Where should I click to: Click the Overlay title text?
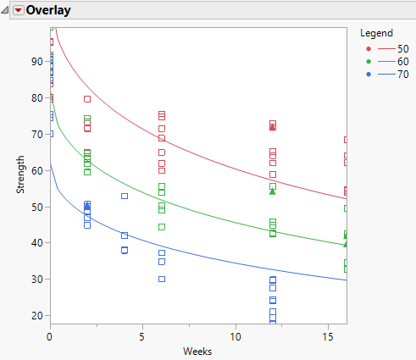click(48, 11)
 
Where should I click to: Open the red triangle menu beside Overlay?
click(18, 11)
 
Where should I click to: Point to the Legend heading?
click(376, 33)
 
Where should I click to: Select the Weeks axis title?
click(198, 351)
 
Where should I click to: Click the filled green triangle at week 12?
click(273, 191)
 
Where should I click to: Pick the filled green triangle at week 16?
click(346, 243)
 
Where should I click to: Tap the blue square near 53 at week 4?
click(125, 196)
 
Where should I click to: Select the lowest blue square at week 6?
click(162, 279)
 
